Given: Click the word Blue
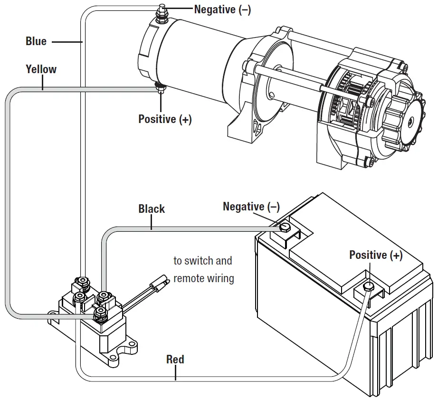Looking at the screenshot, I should (x=36, y=41).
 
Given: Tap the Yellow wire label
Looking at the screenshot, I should (x=41, y=69).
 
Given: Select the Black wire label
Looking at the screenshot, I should (x=152, y=209).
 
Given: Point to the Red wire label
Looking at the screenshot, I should (x=175, y=360).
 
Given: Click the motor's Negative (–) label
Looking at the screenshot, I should (x=222, y=9).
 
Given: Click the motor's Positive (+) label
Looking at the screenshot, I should (x=165, y=119).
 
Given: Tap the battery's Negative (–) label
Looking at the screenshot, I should (x=251, y=207).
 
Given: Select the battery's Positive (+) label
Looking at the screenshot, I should (x=376, y=255).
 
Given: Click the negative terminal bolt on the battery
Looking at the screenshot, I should (x=285, y=227).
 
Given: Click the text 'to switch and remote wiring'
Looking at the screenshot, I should (x=203, y=269).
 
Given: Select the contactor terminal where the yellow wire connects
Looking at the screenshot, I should (x=100, y=312).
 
